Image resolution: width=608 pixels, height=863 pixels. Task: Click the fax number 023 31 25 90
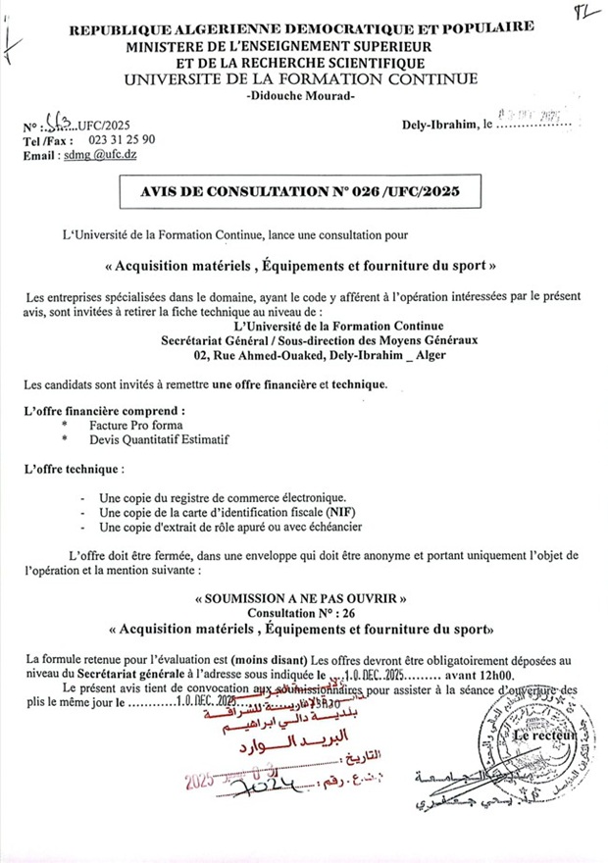(x=122, y=139)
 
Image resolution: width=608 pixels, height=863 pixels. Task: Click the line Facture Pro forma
(x=134, y=427)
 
